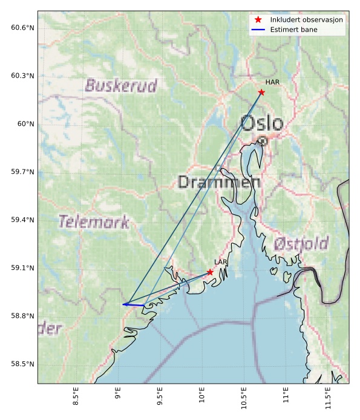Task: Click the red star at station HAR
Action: [261, 92]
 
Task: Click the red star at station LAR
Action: [210, 272]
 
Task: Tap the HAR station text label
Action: [271, 82]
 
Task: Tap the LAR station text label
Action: [220, 262]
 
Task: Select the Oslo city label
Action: [261, 123]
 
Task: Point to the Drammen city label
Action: [219, 182]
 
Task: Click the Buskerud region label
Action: [121, 85]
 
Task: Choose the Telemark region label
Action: [94, 222]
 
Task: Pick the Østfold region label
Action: [301, 244]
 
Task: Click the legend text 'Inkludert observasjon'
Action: [307, 20]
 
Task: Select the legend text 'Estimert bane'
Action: [294, 30]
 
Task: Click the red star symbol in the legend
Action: [258, 20]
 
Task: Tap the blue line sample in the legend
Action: [258, 30]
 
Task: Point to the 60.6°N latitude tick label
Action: [22, 28]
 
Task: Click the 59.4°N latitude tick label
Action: [22, 220]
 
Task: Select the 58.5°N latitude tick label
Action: [22, 364]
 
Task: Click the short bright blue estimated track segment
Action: [133, 304]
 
